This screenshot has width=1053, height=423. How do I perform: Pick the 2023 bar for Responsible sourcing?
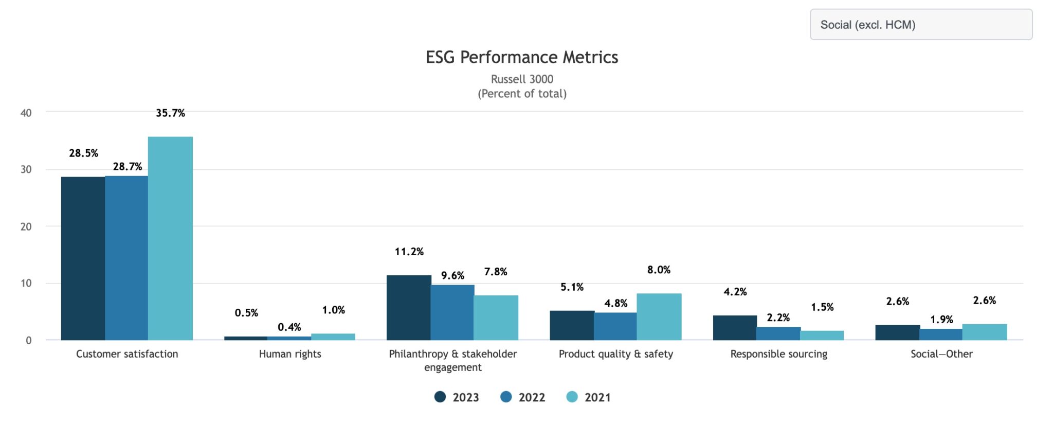coord(735,328)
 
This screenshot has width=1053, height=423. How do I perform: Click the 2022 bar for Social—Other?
coord(941,334)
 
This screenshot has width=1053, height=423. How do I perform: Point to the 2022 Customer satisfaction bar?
coord(126,258)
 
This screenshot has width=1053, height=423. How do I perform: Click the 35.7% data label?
coord(170,113)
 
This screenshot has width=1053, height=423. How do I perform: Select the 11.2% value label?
coord(409,252)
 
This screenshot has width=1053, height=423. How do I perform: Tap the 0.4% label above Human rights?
coord(289,327)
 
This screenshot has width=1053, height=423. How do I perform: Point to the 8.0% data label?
coord(659,270)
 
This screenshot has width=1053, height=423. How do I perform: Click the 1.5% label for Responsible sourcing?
coord(822,307)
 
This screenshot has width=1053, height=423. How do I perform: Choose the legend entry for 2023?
coord(457,397)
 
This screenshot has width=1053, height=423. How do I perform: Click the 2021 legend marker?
coord(572,397)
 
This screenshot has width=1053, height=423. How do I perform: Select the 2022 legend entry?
coord(523,397)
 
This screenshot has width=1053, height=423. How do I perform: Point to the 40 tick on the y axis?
coord(26,113)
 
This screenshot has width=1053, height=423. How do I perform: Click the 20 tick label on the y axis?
coord(26,226)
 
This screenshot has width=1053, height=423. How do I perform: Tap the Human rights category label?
coord(290,354)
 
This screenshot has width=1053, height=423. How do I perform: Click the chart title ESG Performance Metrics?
coord(522,57)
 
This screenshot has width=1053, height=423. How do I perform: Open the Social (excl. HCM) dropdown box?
coord(921,25)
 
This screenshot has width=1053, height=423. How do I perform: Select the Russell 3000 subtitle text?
coord(522,79)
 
